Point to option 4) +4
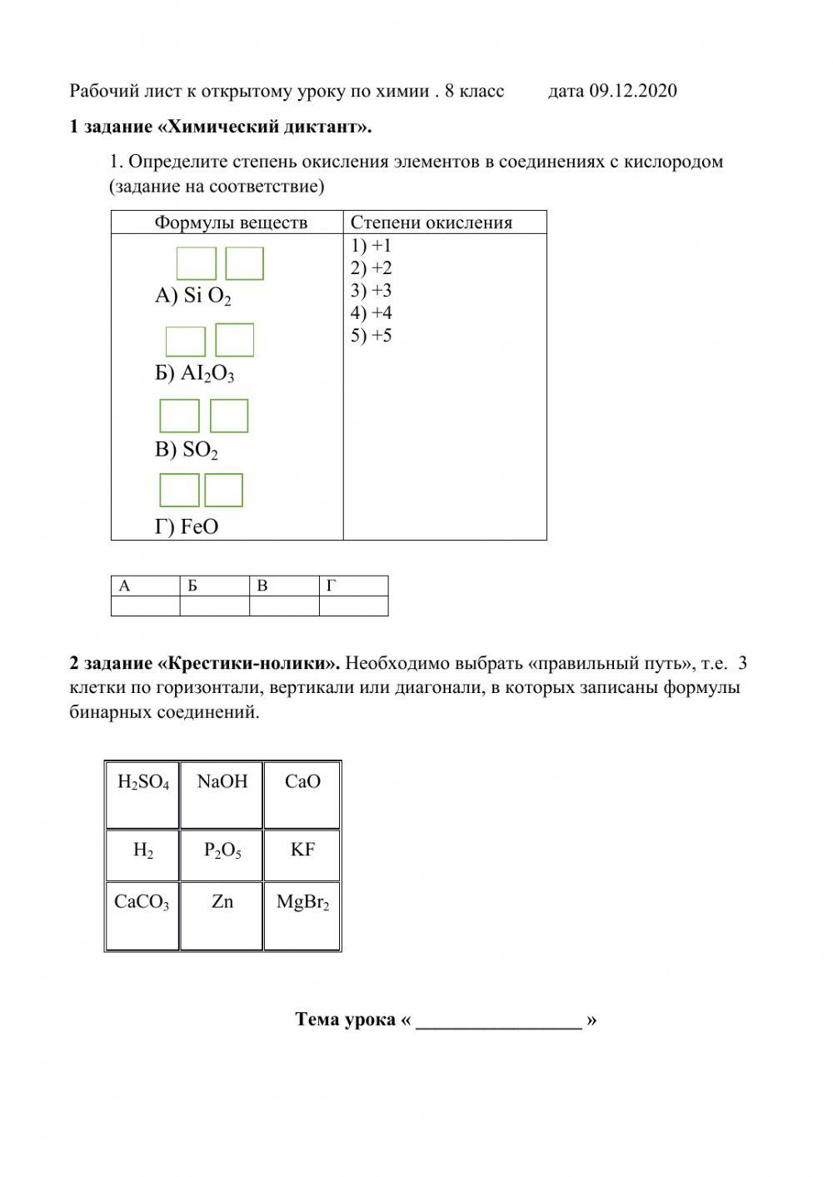click(372, 313)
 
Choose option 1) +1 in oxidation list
click(372, 246)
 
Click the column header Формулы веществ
click(231, 222)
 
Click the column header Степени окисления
click(431, 222)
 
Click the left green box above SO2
click(179, 416)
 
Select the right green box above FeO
click(223, 490)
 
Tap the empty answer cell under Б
click(214, 606)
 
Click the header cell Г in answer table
click(353, 586)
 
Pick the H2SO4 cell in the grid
click(142, 794)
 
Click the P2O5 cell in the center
click(222, 855)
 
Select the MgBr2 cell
click(302, 915)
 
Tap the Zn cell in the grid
click(222, 915)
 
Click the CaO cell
click(302, 794)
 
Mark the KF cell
click(302, 855)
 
